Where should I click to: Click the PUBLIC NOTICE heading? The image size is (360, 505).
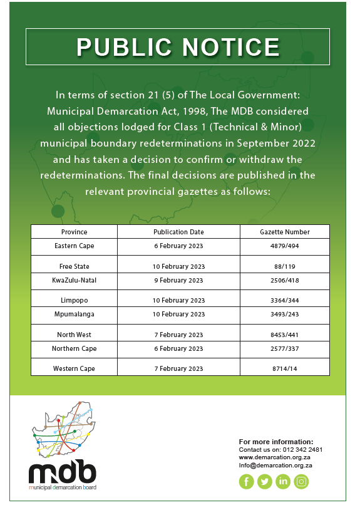178,47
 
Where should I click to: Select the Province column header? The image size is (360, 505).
74,232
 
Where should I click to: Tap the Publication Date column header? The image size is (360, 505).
178,232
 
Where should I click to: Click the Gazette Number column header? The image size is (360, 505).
285,232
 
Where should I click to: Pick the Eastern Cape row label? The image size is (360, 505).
74,246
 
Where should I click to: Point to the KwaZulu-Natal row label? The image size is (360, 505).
74,280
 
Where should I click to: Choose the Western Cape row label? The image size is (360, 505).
74,368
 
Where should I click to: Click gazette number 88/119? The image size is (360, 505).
285,266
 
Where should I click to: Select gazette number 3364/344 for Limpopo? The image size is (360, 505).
285,301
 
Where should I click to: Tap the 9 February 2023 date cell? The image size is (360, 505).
178,280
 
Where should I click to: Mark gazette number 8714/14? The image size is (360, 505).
285,368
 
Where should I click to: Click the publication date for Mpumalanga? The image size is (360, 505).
178,314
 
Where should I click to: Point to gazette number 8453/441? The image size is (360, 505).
285,335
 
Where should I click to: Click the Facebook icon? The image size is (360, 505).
246,481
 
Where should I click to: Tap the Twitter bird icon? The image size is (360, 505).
264,481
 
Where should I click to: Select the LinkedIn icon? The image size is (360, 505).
283,481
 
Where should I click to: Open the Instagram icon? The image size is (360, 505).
302,481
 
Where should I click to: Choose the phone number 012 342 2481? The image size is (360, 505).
302,450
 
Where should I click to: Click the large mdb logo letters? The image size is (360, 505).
63,471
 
